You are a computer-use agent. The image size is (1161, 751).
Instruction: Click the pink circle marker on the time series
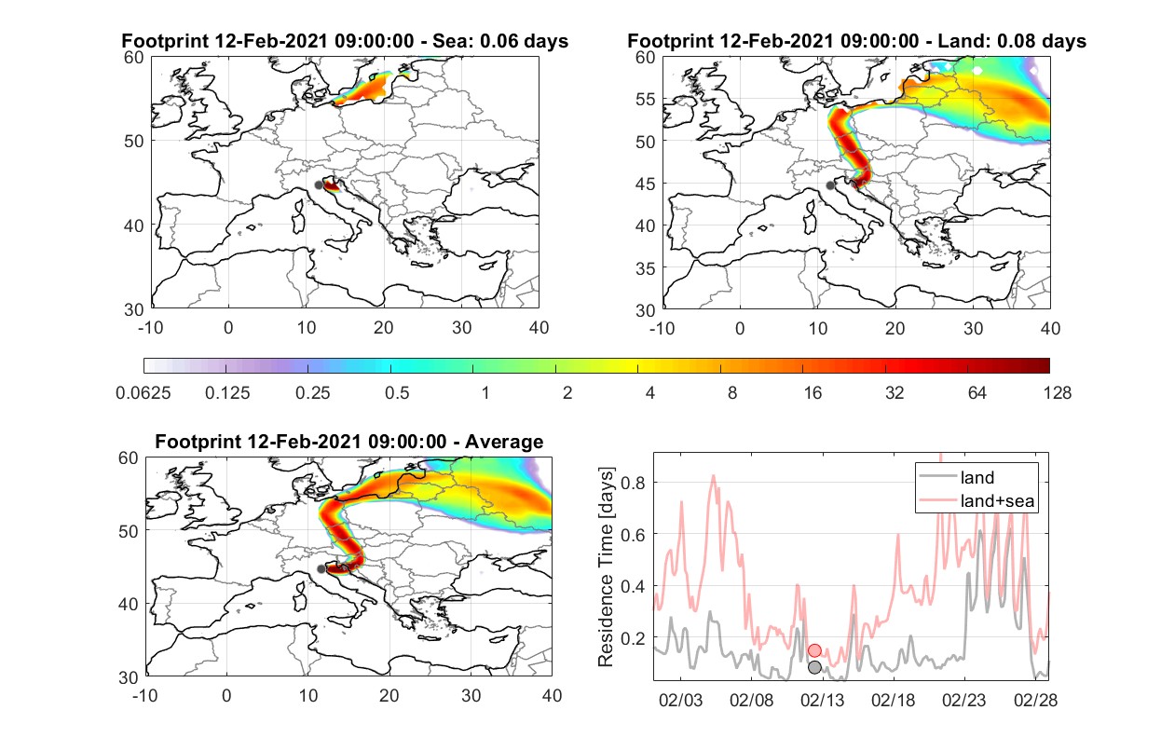tap(814, 650)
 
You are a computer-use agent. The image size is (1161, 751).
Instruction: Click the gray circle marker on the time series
tap(814, 667)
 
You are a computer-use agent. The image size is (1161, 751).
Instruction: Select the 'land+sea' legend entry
tap(977, 500)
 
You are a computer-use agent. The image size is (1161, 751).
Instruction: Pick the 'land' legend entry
tap(956, 477)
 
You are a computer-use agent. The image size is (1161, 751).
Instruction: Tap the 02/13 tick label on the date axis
tap(822, 700)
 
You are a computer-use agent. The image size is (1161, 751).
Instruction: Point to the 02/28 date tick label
tap(1035, 700)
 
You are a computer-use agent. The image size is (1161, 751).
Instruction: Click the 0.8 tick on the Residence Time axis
tap(633, 483)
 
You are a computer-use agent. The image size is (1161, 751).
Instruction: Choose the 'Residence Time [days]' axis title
tap(606, 567)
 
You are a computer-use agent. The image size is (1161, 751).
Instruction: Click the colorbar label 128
tap(1057, 393)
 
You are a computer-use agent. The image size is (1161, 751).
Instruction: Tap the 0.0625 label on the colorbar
tap(143, 393)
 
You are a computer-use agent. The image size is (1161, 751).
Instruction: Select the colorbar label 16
tap(813, 393)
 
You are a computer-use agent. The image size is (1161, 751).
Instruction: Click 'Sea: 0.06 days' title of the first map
tap(500, 41)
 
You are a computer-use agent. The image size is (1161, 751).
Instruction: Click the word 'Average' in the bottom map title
tap(504, 442)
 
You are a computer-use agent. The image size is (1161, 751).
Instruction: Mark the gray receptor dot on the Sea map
tap(319, 185)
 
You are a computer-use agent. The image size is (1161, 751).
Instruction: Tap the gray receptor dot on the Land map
tap(830, 185)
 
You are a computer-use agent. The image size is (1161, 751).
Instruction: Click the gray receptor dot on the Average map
tap(321, 569)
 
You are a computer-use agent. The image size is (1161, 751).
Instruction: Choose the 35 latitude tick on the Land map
tap(646, 268)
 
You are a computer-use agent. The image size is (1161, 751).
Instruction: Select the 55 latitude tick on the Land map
tap(646, 99)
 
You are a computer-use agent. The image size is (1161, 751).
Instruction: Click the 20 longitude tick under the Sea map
tap(384, 328)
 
